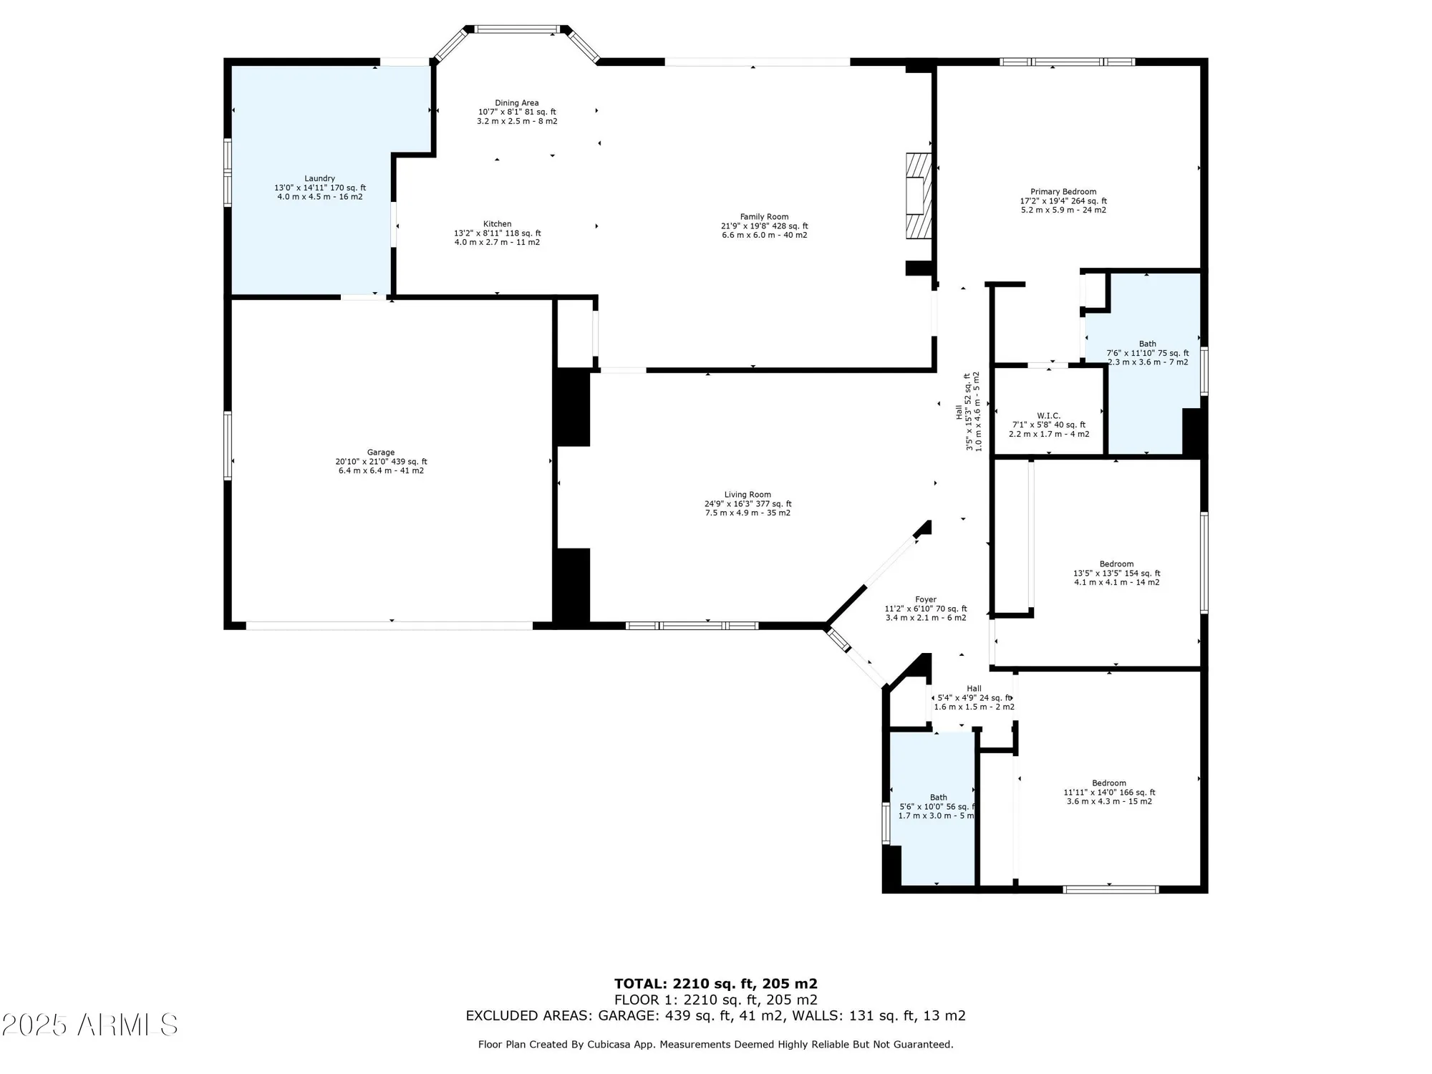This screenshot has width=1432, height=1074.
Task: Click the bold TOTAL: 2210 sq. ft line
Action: pyautogui.click(x=715, y=984)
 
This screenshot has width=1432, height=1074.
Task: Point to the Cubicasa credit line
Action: pyautogui.click(x=715, y=1045)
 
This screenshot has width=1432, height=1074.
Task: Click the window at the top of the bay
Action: pyautogui.click(x=516, y=29)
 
